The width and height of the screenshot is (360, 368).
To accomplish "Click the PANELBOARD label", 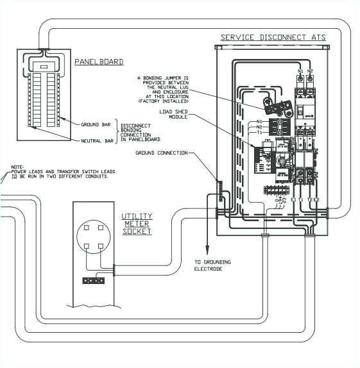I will pyautogui.click(x=99, y=62).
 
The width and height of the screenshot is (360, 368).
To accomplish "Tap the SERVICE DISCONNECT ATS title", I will pyautogui.click(x=273, y=38).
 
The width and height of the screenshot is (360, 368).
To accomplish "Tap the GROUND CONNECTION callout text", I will pyautogui.click(x=162, y=153).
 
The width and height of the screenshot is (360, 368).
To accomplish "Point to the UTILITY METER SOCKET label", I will pyautogui.click(x=137, y=224).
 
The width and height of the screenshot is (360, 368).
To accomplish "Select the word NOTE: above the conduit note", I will pyautogui.click(x=18, y=168).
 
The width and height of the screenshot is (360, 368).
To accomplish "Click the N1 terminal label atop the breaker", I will pyautogui.click(x=300, y=71).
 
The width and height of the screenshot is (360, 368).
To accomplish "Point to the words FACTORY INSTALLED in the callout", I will pyautogui.click(x=164, y=101).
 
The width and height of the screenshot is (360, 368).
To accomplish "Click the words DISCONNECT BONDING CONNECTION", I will pyautogui.click(x=140, y=132).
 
